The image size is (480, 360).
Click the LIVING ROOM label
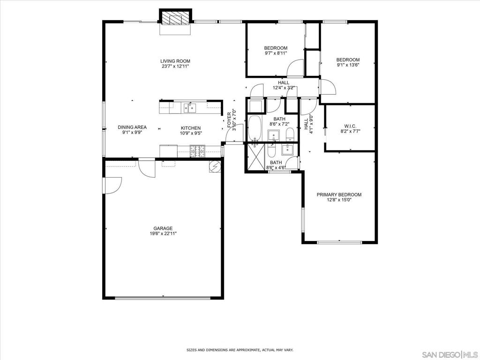(x=175, y=61)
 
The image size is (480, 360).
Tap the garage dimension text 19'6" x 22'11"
(x=163, y=233)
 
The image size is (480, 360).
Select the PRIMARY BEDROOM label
(x=339, y=195)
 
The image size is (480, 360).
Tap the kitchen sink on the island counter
(x=190, y=108)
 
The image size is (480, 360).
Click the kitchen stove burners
(x=197, y=151)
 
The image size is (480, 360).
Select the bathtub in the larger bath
(x=255, y=127)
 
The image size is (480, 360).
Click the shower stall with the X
(x=256, y=156)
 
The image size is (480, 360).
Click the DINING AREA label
(x=132, y=127)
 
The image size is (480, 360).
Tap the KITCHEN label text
(x=191, y=128)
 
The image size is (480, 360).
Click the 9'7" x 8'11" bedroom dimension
(x=276, y=53)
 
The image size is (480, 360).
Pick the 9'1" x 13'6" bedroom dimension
(x=348, y=65)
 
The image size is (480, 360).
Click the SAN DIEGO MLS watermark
(x=450, y=354)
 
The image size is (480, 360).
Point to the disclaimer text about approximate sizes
(x=240, y=350)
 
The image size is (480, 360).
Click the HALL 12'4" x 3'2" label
(x=284, y=85)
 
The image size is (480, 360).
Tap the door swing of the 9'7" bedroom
(x=295, y=68)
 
